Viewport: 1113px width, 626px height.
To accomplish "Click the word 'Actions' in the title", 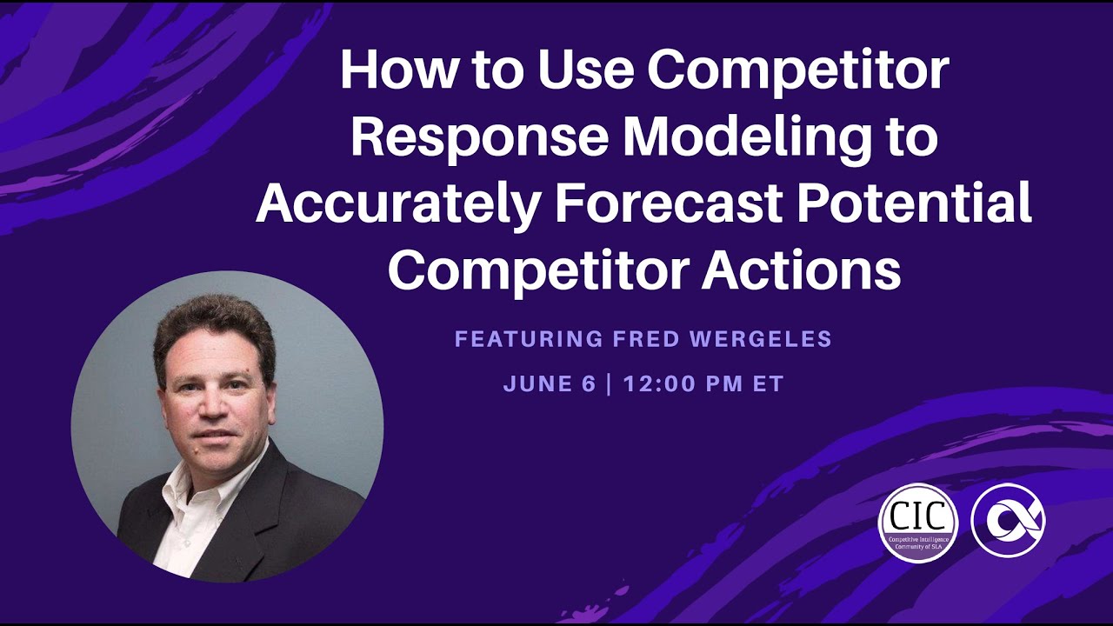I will pos(801,270).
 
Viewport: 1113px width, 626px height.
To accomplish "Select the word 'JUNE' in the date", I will pos(534,384).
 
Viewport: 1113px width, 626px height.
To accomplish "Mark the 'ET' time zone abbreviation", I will pos(770,384).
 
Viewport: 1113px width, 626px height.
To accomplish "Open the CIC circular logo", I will pos(917,523).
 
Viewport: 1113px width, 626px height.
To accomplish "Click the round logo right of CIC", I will pos(1008,520).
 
